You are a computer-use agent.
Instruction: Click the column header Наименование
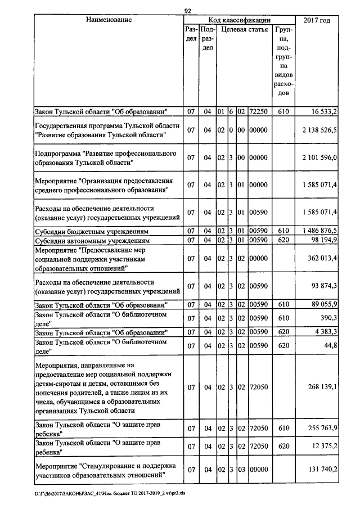point(109,20)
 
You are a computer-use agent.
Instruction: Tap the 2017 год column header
point(317,20)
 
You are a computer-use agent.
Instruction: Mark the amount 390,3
point(327,318)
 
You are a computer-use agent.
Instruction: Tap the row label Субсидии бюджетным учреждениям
point(91,231)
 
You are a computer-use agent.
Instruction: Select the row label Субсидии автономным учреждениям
point(93,240)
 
